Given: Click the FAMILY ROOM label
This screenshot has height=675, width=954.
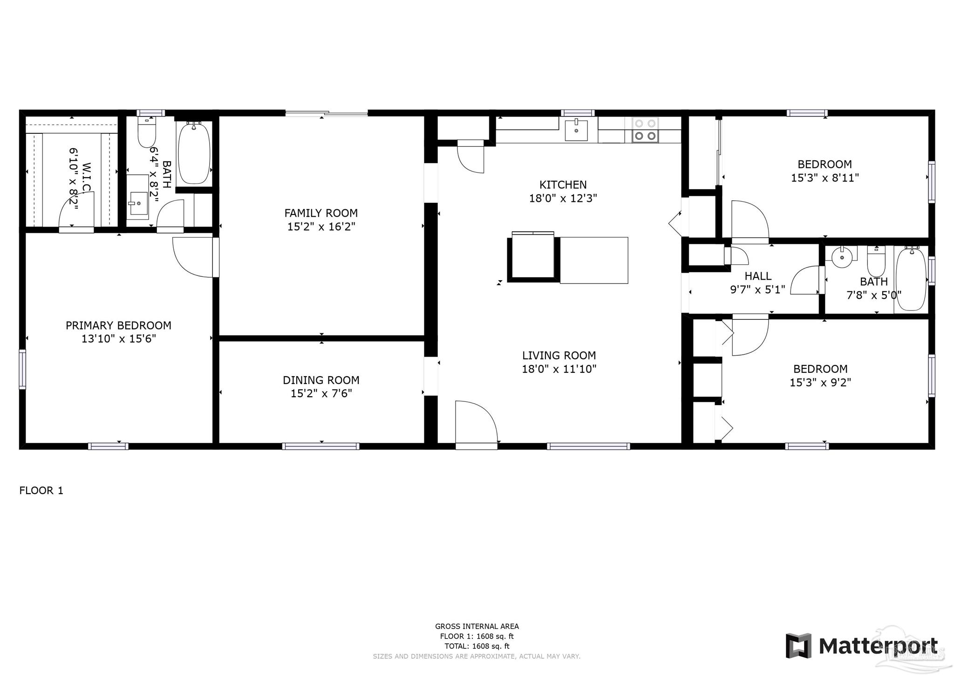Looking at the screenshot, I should point(321,213).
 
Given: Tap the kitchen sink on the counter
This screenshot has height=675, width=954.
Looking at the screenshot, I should point(576,129).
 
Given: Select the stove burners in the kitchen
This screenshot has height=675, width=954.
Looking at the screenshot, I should point(645,130).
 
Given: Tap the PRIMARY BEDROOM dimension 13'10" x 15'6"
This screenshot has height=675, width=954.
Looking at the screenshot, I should point(118,339).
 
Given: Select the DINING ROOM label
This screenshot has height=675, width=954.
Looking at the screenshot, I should point(321,380).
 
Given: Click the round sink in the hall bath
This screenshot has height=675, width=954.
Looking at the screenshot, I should point(842,256).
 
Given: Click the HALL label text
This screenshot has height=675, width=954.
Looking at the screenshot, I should point(758,276).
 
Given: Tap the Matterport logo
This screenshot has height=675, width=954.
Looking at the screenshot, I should point(862,646).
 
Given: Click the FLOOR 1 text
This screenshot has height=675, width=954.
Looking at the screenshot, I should point(41,490).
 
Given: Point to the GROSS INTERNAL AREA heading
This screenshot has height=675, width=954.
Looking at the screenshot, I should point(477,627).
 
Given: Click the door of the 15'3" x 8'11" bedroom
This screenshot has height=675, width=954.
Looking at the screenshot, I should point(750,220).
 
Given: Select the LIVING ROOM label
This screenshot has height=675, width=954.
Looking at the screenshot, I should point(559,356).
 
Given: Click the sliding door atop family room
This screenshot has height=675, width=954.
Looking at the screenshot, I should point(326,113).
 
